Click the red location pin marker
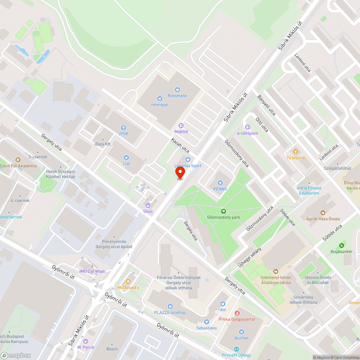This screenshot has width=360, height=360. click(x=180, y=174)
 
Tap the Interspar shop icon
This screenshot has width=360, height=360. click(x=160, y=98)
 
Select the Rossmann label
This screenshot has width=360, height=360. click(x=177, y=96)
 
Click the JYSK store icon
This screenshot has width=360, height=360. click(x=123, y=128)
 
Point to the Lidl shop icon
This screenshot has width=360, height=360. click(x=126, y=157)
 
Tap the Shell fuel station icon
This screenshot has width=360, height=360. click(x=148, y=205)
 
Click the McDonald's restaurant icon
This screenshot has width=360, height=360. click(x=128, y=282)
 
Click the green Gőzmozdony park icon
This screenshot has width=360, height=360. click(x=223, y=211)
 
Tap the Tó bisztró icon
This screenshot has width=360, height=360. click(x=296, y=152)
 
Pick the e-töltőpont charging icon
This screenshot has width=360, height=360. click(x=247, y=127)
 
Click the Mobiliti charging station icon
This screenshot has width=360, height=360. click(x=181, y=125)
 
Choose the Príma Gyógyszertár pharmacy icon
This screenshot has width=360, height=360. click(x=237, y=313)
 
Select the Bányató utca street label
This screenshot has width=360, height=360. click(x=267, y=105)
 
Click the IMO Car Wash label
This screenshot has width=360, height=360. click(x=93, y=271)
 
